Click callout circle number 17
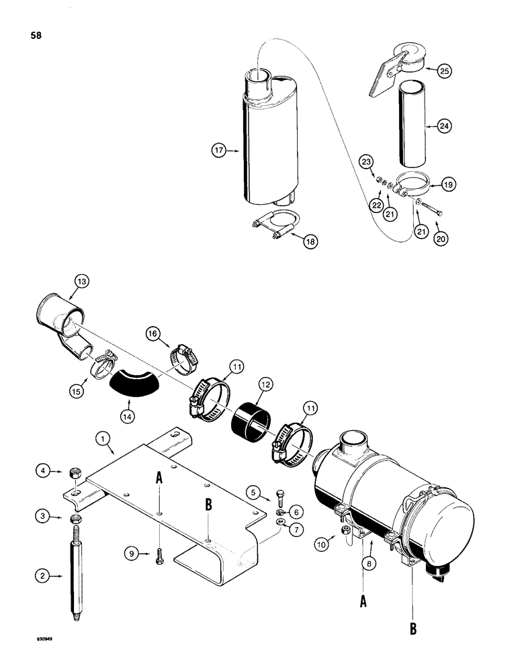pyautogui.click(x=218, y=152)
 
